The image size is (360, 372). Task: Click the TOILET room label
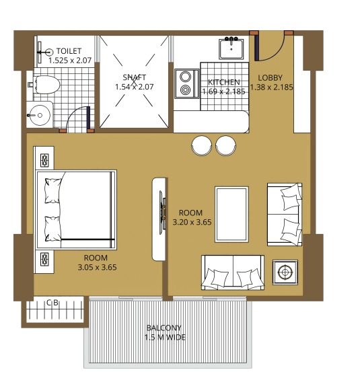tap(69, 50)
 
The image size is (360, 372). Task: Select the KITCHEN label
tap(224, 82)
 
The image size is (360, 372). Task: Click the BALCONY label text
tap(165, 328)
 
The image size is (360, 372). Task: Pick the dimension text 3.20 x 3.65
tap(192, 221)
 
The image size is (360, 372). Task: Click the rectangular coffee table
tap(233, 213)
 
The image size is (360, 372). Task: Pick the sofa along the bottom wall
tap(232, 272)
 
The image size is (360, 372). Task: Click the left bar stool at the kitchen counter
tap(202, 145)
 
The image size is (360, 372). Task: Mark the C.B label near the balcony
tap(52, 303)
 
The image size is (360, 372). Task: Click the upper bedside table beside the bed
tap(45, 159)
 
